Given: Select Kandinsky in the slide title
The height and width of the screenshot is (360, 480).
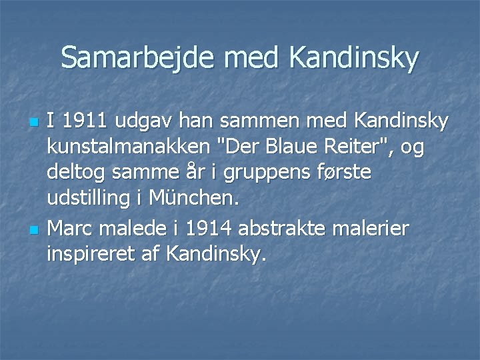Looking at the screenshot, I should (354, 59).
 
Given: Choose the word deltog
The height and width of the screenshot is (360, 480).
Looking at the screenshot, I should (76, 172).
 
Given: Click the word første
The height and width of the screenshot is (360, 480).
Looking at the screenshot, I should (339, 172).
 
